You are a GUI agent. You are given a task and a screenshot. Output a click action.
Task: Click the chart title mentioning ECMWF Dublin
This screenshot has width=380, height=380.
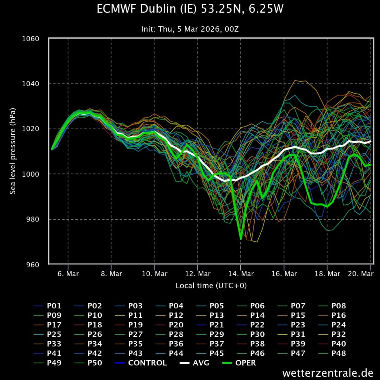(190, 9)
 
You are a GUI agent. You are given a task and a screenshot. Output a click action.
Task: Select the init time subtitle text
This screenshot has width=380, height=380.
(190, 29)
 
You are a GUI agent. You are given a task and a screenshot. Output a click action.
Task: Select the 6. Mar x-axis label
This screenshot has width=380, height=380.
(68, 274)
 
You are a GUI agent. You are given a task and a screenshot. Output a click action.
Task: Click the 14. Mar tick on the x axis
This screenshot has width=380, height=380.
(240, 274)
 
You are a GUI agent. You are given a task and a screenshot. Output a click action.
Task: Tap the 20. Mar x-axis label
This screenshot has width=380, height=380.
(361, 274)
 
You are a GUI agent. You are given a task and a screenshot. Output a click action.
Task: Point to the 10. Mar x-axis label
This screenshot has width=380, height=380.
(154, 274)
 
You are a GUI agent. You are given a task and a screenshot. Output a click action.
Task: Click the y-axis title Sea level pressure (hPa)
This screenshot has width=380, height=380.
(13, 151)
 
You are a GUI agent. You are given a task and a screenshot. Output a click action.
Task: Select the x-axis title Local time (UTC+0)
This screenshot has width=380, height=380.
(211, 285)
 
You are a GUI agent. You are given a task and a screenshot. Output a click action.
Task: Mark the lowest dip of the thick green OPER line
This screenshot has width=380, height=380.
(241, 239)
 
